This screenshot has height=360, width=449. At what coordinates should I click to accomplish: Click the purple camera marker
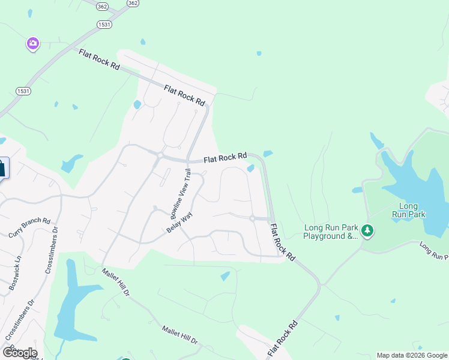pyautogui.click(x=32, y=43)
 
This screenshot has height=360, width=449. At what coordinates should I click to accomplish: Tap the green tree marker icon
pyautogui.click(x=367, y=230)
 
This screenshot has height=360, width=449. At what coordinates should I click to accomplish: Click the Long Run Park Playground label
pyautogui.click(x=331, y=232)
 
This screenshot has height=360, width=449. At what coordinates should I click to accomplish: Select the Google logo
pyautogui.click(x=19, y=352)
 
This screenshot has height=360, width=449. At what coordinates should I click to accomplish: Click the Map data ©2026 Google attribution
pyautogui.click(x=412, y=355)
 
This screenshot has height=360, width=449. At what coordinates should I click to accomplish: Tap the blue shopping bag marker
pyautogui.click(x=2, y=168)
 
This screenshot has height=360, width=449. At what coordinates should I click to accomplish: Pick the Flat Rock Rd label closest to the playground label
pyautogui.click(x=283, y=242)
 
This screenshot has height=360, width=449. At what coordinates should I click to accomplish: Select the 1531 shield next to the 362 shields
pyautogui.click(x=104, y=23)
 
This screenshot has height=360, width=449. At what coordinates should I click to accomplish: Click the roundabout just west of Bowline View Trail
pyautogui.click(x=160, y=155)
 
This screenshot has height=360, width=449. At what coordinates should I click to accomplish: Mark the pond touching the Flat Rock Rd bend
pyautogui.click(x=251, y=168)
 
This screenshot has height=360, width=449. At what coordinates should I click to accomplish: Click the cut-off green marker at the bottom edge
pyautogui.click(x=126, y=358)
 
